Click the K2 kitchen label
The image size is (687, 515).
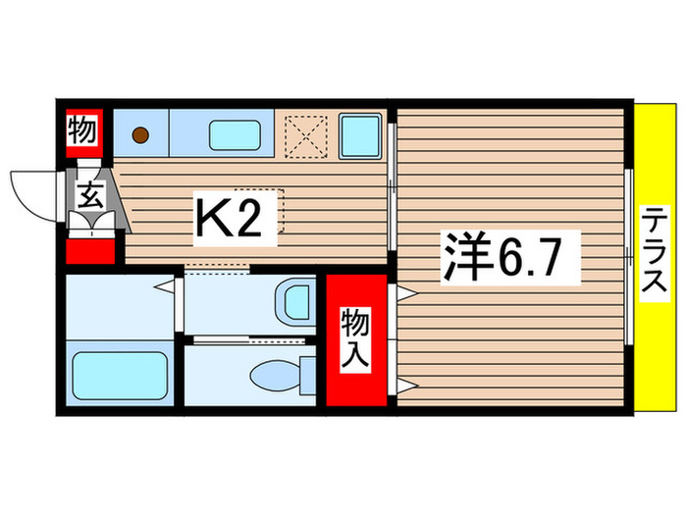click(x=231, y=222)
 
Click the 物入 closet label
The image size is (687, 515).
click(x=355, y=339)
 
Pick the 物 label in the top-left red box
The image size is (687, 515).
click(x=82, y=129)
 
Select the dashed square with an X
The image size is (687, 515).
click(x=307, y=134)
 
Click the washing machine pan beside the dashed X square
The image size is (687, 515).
click(x=360, y=134)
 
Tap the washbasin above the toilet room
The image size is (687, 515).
click(x=292, y=302)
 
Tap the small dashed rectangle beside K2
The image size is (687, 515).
click(x=272, y=210)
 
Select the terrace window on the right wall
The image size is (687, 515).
click(x=629, y=257)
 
